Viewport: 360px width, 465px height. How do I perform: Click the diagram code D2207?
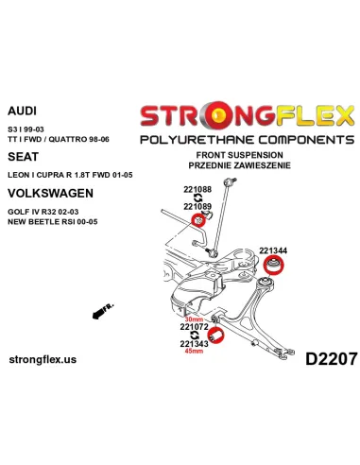click(x=324, y=358)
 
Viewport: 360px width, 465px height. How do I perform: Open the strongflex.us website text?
click(x=55, y=360)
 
